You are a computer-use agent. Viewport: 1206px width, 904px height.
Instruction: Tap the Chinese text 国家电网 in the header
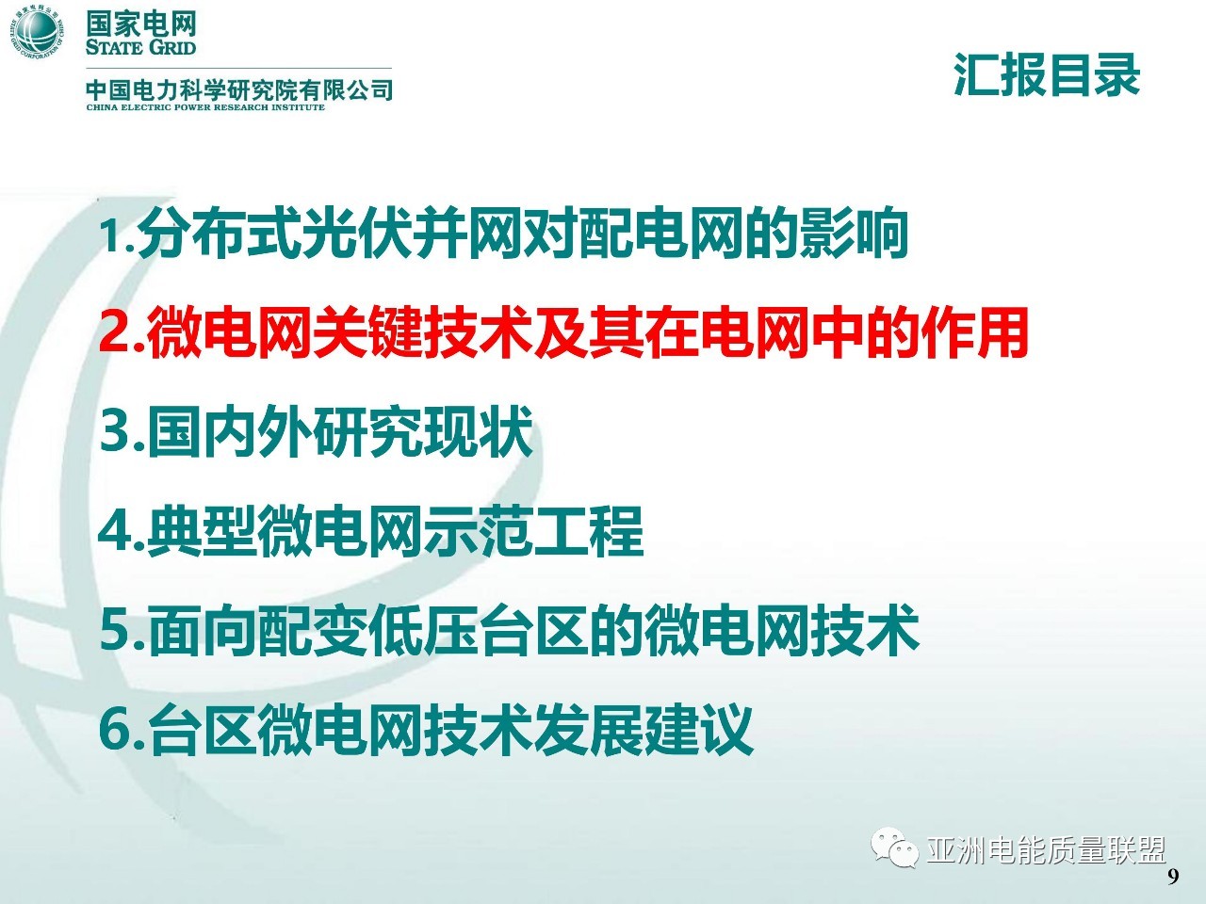[x=141, y=24]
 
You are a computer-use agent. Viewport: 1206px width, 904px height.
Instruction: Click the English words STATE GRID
[x=140, y=47]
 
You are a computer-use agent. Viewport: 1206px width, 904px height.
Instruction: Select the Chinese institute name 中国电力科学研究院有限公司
[x=239, y=90]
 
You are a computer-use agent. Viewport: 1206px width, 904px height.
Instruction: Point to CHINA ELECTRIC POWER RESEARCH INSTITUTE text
[x=205, y=107]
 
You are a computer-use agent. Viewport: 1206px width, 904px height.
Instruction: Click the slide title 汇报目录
[x=1047, y=75]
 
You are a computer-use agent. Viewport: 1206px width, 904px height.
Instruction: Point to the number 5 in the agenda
[x=115, y=631]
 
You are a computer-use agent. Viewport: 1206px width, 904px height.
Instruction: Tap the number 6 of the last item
[x=115, y=730]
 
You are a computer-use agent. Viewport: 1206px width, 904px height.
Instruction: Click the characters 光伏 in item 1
[x=358, y=233]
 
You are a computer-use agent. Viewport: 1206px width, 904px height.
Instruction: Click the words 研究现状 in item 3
[x=422, y=431]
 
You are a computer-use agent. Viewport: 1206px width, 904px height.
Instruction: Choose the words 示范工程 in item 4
[x=533, y=530]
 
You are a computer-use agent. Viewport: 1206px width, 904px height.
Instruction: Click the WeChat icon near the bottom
[x=894, y=847]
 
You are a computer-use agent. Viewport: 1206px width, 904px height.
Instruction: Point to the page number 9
[x=1173, y=877]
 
